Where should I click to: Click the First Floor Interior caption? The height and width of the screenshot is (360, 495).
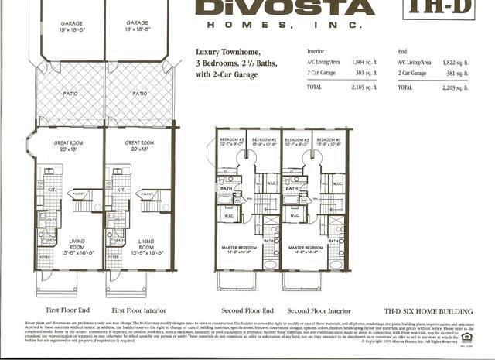(139, 310)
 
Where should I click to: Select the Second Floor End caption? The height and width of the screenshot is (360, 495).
(248, 310)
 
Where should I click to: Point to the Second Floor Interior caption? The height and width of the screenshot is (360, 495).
(319, 310)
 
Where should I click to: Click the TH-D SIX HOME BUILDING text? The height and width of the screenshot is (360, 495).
(428, 311)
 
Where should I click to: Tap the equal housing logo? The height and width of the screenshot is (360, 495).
(467, 336)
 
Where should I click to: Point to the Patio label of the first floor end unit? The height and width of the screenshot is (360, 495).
(71, 94)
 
